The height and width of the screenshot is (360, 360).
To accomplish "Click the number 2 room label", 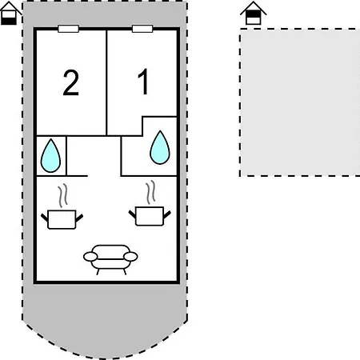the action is [71, 82].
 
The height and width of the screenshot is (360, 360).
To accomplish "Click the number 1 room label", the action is [143, 82].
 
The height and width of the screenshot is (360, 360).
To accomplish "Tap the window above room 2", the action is [68, 29].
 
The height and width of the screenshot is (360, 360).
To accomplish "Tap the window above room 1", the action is [142, 29].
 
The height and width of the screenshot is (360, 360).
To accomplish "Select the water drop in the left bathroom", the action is [50, 156].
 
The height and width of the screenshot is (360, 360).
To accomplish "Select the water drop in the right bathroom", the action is [160, 147].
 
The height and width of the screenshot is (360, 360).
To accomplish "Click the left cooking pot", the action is [62, 219].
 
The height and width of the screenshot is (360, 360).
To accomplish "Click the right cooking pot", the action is [150, 216].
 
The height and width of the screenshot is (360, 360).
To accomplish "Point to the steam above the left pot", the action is [62, 196].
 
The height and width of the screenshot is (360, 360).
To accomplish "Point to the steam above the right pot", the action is [150, 192].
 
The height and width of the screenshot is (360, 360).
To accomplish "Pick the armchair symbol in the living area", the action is [110, 259].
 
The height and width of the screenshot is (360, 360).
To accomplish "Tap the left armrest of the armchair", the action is [90, 257].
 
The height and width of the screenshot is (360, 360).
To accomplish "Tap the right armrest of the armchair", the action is [130, 257].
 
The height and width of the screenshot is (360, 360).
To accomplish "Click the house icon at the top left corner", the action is [10, 14].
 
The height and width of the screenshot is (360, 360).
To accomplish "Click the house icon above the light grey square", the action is [253, 14].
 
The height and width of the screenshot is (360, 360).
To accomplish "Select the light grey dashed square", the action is [300, 102].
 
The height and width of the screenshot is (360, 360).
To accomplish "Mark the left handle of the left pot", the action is [45, 218].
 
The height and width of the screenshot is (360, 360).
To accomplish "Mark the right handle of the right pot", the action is [167, 214].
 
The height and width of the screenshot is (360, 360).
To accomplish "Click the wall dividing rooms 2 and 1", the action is [106, 82].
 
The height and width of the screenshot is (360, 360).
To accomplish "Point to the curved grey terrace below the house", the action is [105, 320].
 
